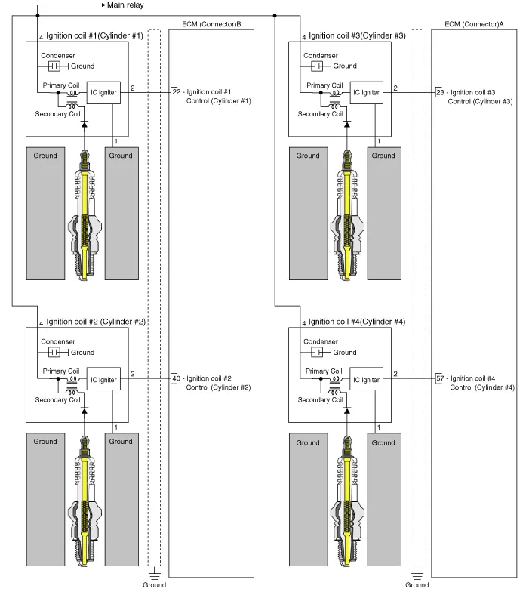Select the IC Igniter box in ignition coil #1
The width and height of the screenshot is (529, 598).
(x=103, y=91)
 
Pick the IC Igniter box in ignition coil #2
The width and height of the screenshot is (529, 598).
(x=103, y=379)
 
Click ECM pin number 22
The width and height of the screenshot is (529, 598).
(x=177, y=91)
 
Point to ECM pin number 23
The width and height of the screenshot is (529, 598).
(x=441, y=92)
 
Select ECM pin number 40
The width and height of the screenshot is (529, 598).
(x=177, y=378)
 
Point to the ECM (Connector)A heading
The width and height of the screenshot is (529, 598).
(x=474, y=24)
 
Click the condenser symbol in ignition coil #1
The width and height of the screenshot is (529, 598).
(x=54, y=66)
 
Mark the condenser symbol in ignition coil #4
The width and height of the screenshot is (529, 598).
(x=318, y=353)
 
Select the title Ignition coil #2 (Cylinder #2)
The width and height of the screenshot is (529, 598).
(x=96, y=322)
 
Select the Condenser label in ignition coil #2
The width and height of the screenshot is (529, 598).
(x=58, y=341)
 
